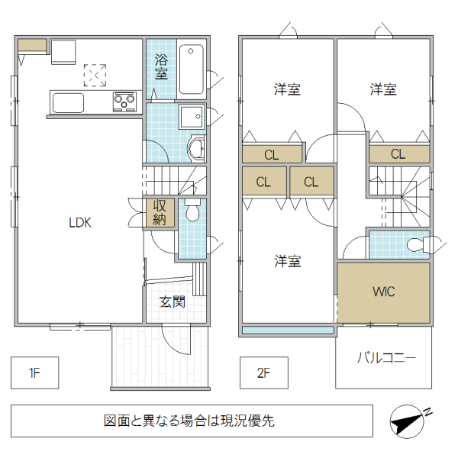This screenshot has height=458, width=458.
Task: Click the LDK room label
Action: (x=80, y=223)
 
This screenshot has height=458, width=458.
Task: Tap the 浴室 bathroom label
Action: (x=161, y=67)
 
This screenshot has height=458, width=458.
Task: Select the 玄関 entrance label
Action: (x=173, y=302)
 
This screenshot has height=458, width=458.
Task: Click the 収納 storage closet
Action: (x=160, y=212)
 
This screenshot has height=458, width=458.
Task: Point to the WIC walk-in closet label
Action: (x=383, y=292)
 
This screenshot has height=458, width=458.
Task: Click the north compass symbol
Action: (x=411, y=421)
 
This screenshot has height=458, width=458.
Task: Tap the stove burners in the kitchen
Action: (x=124, y=101)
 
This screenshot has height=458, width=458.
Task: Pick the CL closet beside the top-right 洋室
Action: (x=398, y=154)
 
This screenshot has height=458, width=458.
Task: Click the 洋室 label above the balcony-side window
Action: (x=288, y=261)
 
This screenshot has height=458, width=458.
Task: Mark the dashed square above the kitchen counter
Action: (x=95, y=75)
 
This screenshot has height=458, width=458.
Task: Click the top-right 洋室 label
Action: (x=383, y=89)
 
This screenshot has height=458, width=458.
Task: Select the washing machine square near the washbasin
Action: (x=189, y=116)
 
